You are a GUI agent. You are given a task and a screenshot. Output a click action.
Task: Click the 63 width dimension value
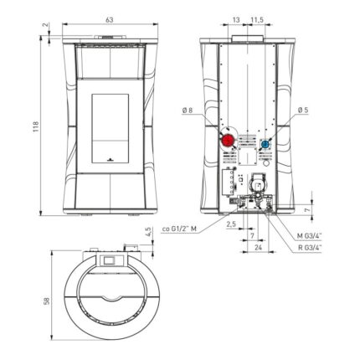click(110, 20)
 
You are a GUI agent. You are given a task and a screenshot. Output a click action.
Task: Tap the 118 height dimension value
click(35, 126)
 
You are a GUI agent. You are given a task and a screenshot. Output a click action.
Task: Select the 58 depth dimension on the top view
click(47, 301)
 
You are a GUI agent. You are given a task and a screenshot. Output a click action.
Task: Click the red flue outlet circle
click(229, 141)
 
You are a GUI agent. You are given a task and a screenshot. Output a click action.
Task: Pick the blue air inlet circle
click(265, 144)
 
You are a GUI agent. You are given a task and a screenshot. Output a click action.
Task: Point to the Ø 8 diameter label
click(188, 111)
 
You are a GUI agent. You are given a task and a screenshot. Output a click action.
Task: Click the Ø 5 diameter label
click(303, 111)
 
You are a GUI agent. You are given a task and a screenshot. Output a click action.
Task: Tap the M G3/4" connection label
click(309, 236)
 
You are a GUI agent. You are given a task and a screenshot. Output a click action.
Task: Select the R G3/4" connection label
click(310, 247)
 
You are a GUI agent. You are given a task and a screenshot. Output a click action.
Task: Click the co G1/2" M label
click(179, 229)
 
